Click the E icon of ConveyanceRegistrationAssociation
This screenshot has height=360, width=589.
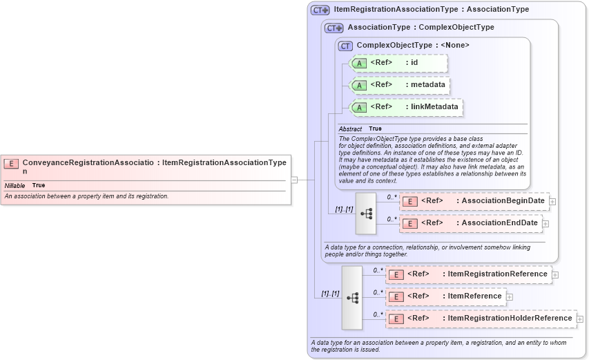(x=11, y=164)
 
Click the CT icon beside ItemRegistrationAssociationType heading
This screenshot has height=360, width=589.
(x=320, y=10)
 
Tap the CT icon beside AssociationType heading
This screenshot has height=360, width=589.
(x=334, y=28)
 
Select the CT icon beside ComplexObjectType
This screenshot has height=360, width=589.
(x=346, y=46)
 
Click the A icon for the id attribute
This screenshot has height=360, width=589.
(x=359, y=63)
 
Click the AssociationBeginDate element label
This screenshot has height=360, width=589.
(x=503, y=201)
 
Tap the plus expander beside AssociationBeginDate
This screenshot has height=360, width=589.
(x=552, y=201)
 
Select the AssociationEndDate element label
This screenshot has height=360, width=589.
(x=499, y=223)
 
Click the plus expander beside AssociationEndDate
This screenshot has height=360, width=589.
(x=545, y=223)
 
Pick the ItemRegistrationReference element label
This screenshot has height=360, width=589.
(x=497, y=274)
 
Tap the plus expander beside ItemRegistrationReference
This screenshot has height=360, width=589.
(x=555, y=274)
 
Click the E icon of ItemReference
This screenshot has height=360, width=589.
(x=396, y=296)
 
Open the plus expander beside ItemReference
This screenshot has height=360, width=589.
(x=510, y=296)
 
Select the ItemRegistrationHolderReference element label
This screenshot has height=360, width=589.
(x=510, y=319)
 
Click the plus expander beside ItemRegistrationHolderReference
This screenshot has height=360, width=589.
(x=580, y=319)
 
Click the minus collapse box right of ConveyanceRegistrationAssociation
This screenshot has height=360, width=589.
(x=294, y=180)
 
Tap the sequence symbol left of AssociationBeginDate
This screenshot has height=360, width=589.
(x=366, y=214)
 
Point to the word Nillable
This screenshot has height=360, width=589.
(x=15, y=186)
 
